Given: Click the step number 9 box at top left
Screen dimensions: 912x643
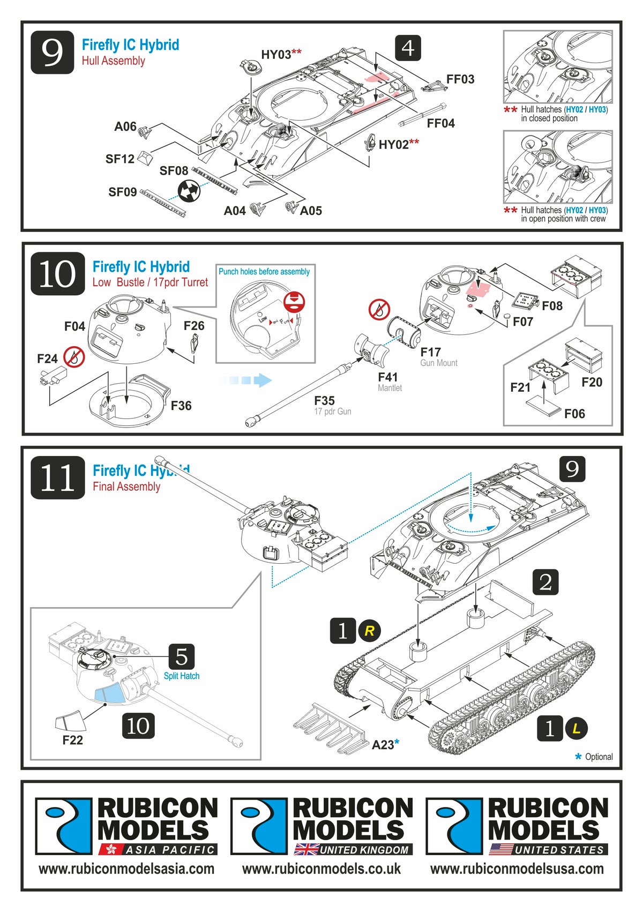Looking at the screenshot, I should coord(52,52).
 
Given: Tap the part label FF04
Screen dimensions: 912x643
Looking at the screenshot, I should coord(440,123).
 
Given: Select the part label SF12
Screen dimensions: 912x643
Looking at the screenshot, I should coord(119,159).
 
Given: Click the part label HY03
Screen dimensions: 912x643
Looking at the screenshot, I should coord(276,55).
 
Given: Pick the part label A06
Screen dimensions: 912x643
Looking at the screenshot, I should coord(125,126).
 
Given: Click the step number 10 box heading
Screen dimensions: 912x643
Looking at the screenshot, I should coord(57,273).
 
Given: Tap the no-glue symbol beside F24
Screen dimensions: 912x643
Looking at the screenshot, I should coord(74,356).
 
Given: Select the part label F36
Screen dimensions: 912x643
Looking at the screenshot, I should coord(181,406).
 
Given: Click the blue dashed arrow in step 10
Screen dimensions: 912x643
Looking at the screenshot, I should coord(247,380).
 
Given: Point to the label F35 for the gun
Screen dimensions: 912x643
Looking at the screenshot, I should coord(324,401).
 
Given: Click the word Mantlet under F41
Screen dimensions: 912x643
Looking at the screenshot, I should coord(390,388).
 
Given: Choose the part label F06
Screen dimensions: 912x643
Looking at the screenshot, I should coord(574,414).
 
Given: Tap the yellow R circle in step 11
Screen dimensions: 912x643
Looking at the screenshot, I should coord(369,631).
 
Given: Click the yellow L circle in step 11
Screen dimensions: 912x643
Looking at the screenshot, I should coord(577,729).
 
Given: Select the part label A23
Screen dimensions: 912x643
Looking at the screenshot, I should coord(383,745).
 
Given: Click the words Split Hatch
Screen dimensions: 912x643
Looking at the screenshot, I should coord(182,676).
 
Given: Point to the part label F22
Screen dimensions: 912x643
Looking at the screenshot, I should coord(72,740).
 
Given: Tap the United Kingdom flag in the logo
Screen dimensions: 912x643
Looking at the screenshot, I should coord(306,849).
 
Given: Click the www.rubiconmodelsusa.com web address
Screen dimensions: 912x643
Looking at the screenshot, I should coord(517,869).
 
